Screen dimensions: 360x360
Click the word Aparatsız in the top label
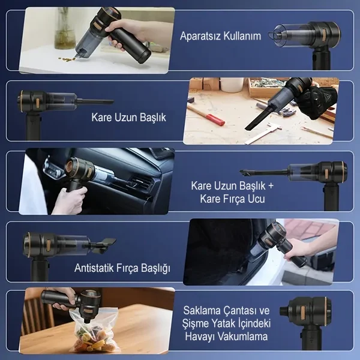point(200,36)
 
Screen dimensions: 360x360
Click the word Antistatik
point(94,268)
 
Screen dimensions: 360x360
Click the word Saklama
point(199,310)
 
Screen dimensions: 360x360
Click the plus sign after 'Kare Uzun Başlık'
point(271,186)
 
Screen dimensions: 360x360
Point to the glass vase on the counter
point(65,28)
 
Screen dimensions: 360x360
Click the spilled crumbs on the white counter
point(67,59)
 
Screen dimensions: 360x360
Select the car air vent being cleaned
point(142,184)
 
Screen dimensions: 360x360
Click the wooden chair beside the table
point(37,312)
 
